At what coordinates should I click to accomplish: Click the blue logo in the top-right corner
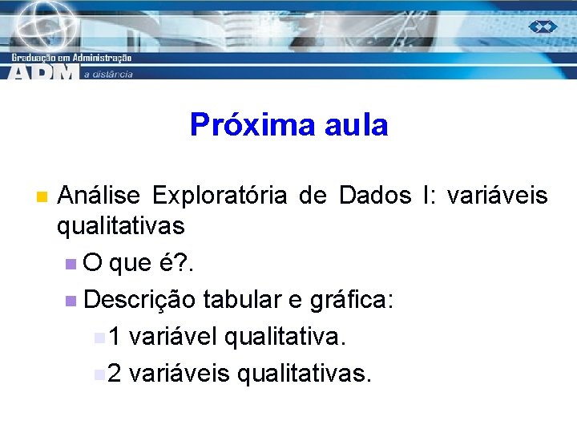click(543, 26)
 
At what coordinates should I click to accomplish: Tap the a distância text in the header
click(108, 74)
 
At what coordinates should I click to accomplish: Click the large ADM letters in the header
click(44, 72)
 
